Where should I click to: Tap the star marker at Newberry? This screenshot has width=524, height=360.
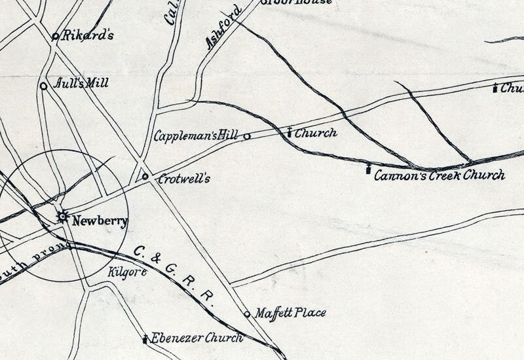62,217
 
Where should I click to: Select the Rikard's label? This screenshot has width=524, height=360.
87,36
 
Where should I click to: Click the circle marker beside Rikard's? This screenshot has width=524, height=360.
56,37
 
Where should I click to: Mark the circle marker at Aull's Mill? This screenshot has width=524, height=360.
43,86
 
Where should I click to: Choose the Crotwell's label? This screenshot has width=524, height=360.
184,178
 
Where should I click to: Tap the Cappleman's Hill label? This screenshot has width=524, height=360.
195,136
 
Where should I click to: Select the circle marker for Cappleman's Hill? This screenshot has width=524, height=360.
247,137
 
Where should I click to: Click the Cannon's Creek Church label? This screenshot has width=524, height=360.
440,175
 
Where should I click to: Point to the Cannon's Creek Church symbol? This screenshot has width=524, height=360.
368,170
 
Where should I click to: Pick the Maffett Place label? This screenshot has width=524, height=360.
290,313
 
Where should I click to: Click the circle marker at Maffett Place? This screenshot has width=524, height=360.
247,314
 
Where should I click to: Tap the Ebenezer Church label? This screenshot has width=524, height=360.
197,338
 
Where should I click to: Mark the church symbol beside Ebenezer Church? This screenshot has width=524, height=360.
145,339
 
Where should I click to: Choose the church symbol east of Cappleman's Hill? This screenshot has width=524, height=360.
290,132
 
